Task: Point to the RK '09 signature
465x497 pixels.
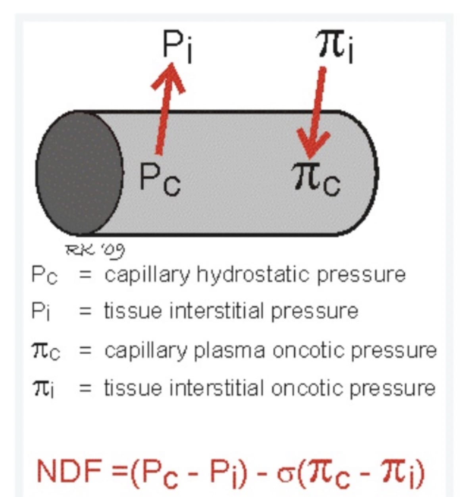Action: [x=95, y=250]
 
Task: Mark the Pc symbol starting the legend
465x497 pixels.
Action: [x=44, y=275]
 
